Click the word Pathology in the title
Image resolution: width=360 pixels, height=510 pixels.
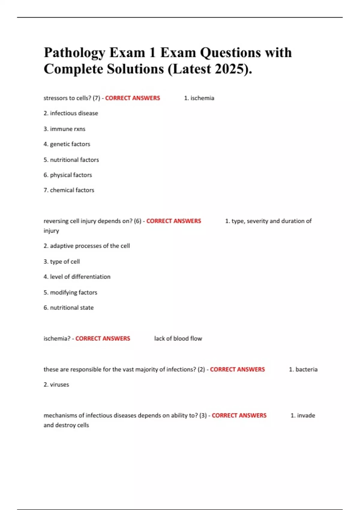click(74, 53)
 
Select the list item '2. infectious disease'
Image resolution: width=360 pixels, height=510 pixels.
click(71, 113)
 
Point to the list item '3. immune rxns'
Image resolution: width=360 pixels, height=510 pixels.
click(64, 129)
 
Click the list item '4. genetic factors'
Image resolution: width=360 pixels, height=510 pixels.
click(67, 144)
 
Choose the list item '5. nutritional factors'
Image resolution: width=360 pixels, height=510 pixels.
click(71, 160)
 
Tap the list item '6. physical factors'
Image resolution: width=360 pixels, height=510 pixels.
click(67, 175)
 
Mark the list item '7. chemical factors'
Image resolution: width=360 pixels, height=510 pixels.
click(69, 190)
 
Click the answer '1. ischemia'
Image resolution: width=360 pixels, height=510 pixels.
click(199, 98)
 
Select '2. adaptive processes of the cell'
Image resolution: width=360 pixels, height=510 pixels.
click(86, 246)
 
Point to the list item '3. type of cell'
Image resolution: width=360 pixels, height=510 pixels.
click(61, 262)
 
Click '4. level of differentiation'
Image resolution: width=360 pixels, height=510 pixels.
click(77, 277)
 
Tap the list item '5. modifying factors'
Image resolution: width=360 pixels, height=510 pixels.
click(70, 292)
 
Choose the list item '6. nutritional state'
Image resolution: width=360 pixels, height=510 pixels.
click(68, 307)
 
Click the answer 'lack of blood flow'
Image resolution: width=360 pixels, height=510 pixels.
click(178, 338)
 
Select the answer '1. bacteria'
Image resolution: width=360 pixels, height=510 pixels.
click(303, 369)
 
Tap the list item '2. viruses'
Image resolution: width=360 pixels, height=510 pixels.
click(56, 385)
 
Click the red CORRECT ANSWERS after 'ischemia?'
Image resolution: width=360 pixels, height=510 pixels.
click(103, 338)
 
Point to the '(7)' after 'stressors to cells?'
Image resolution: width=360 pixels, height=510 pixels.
click(96, 98)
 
